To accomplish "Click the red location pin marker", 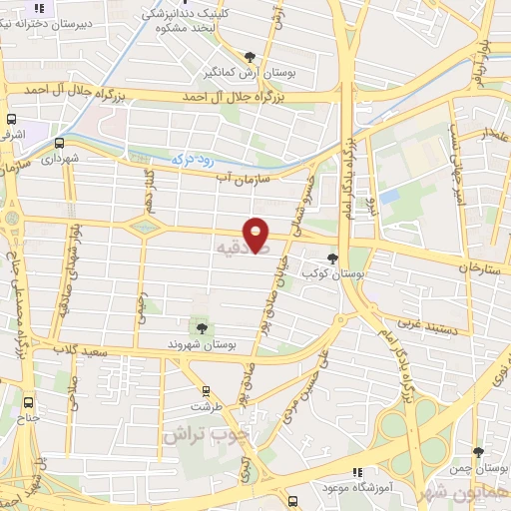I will coord(256,234).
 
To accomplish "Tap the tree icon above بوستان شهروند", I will coord(202,326).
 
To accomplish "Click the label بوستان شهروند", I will coord(204,343).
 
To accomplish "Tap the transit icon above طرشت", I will coord(206,390).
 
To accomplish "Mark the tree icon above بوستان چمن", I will coord(478,452).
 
